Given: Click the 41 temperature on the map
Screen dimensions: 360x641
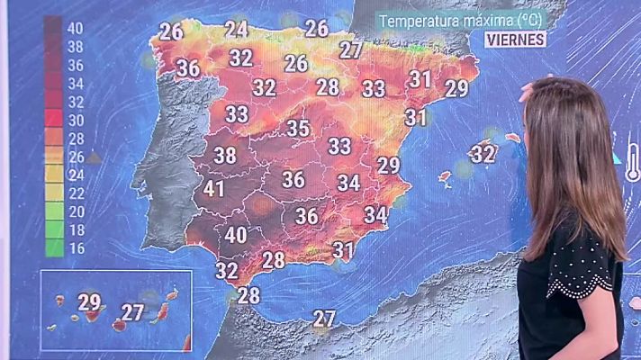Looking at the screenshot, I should click(213, 190).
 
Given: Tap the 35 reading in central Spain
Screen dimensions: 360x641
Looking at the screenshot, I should click(299, 128).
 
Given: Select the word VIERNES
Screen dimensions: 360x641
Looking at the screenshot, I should click(515, 39).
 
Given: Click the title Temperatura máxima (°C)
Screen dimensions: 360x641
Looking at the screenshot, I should click(461, 20).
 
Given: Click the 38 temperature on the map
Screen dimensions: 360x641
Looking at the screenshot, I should click(225, 155).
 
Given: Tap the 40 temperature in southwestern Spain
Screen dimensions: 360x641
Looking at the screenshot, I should click(236, 235).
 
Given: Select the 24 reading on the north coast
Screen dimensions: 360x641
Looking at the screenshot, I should click(237, 29).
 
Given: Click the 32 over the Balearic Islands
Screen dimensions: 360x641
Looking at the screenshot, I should click(483, 154).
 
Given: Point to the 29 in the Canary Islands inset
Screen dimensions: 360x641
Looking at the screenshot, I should click(89, 302).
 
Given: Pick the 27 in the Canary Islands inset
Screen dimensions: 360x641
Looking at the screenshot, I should click(133, 313).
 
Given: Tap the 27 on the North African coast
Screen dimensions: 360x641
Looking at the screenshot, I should click(324, 318).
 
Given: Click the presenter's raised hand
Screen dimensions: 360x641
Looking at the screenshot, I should click(531, 90).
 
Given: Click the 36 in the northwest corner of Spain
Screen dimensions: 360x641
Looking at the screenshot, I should click(188, 67).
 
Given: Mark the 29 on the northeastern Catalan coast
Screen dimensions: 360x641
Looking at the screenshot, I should click(457, 88).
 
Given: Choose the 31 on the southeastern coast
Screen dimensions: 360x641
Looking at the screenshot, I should click(343, 249).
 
